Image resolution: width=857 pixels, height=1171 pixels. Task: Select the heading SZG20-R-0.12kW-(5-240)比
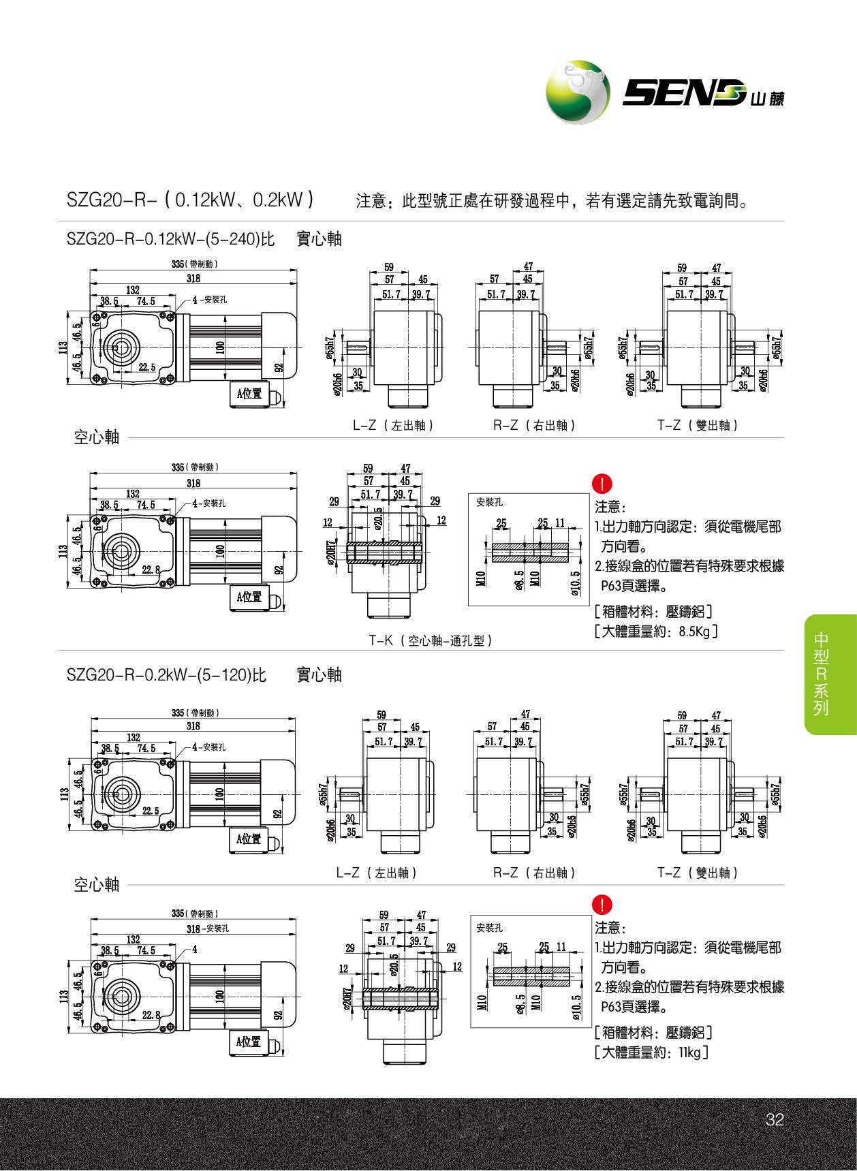pyautogui.click(x=170, y=239)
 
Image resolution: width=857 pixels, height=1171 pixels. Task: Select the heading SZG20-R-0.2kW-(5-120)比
pyautogui.click(x=166, y=675)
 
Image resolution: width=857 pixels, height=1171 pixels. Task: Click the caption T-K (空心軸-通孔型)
pyautogui.click(x=431, y=640)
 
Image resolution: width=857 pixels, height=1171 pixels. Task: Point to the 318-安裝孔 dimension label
pyautogui.click(x=208, y=928)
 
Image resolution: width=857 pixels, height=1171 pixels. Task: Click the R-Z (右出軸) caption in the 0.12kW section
pyautogui.click(x=535, y=425)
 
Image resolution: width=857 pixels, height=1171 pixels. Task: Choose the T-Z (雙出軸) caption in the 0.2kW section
pyautogui.click(x=698, y=873)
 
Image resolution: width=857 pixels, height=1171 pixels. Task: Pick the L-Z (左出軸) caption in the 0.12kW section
pyautogui.click(x=393, y=425)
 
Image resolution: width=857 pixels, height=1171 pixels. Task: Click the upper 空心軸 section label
pyautogui.click(x=96, y=437)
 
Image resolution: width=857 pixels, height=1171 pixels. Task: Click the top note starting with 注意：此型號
pyautogui.click(x=552, y=202)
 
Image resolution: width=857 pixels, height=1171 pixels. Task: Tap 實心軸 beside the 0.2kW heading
pyautogui.click(x=320, y=675)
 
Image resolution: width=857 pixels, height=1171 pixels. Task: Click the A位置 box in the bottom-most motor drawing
pyautogui.click(x=249, y=1042)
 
